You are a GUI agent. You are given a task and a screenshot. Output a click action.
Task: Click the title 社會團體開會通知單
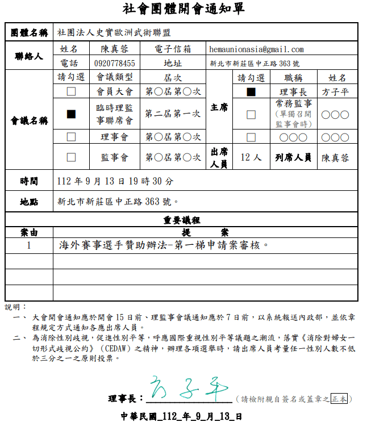click(183, 9)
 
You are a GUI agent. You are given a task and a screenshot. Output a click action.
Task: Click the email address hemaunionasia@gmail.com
click(256, 49)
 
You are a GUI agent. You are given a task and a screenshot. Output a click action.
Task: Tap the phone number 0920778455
click(115, 63)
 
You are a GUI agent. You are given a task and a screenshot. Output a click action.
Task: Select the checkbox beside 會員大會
click(71, 91)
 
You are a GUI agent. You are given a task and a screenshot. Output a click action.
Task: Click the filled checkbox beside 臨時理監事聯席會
click(71, 114)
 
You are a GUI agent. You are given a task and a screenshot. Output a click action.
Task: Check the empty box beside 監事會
click(71, 157)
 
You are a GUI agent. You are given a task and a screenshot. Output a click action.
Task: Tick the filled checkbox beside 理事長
click(251, 91)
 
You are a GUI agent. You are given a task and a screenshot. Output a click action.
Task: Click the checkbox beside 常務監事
click(251, 114)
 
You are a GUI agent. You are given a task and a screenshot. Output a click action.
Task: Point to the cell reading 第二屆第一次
click(173, 114)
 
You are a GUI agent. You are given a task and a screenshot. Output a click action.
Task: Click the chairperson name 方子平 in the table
click(335, 91)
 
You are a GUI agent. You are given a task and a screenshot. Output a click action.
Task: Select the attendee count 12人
click(251, 157)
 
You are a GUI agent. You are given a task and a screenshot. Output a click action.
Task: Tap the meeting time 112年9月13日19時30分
click(116, 181)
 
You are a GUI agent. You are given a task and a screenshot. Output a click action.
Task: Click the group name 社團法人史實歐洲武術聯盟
click(114, 34)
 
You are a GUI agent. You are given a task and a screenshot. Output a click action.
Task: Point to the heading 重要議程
click(182, 220)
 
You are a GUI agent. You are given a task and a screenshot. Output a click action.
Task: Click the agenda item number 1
click(29, 245)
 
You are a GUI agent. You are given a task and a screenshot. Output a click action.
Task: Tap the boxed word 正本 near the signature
click(340, 399)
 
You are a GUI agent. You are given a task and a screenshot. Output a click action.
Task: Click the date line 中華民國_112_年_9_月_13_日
click(182, 416)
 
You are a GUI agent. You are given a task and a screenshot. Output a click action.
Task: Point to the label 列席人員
click(293, 157)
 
